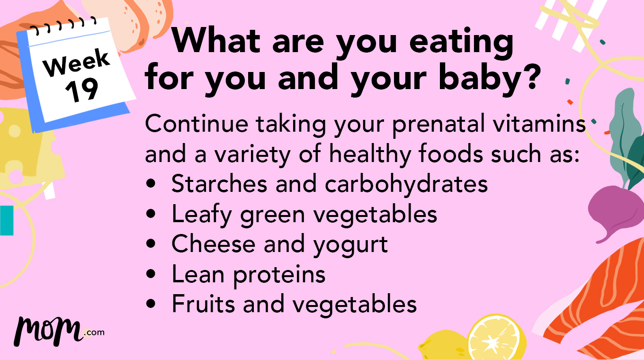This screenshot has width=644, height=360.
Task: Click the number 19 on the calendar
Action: (x=82, y=90)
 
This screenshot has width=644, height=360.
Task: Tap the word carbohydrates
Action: (x=406, y=184)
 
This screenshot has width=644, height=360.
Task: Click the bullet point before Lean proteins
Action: (x=151, y=275)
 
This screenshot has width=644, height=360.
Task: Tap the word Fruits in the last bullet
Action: (x=204, y=304)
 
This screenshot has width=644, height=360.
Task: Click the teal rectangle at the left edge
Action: (x=7, y=220)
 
